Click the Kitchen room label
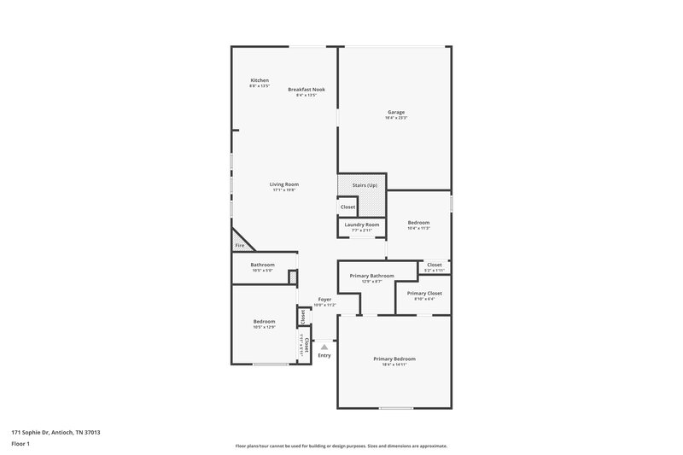click(260, 80)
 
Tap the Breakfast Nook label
click(306, 90)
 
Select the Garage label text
click(396, 112)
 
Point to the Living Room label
click(284, 184)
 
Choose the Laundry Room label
click(362, 225)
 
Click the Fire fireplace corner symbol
click(240, 246)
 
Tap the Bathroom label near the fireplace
click(262, 265)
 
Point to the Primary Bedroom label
click(394, 359)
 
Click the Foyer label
click(324, 300)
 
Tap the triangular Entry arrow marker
click(324, 347)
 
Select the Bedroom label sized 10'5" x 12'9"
click(264, 321)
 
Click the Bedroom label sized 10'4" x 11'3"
click(418, 223)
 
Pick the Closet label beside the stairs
click(348, 207)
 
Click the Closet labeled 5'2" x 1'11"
click(435, 265)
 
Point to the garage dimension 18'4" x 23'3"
click(396, 118)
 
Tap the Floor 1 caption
click(21, 445)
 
